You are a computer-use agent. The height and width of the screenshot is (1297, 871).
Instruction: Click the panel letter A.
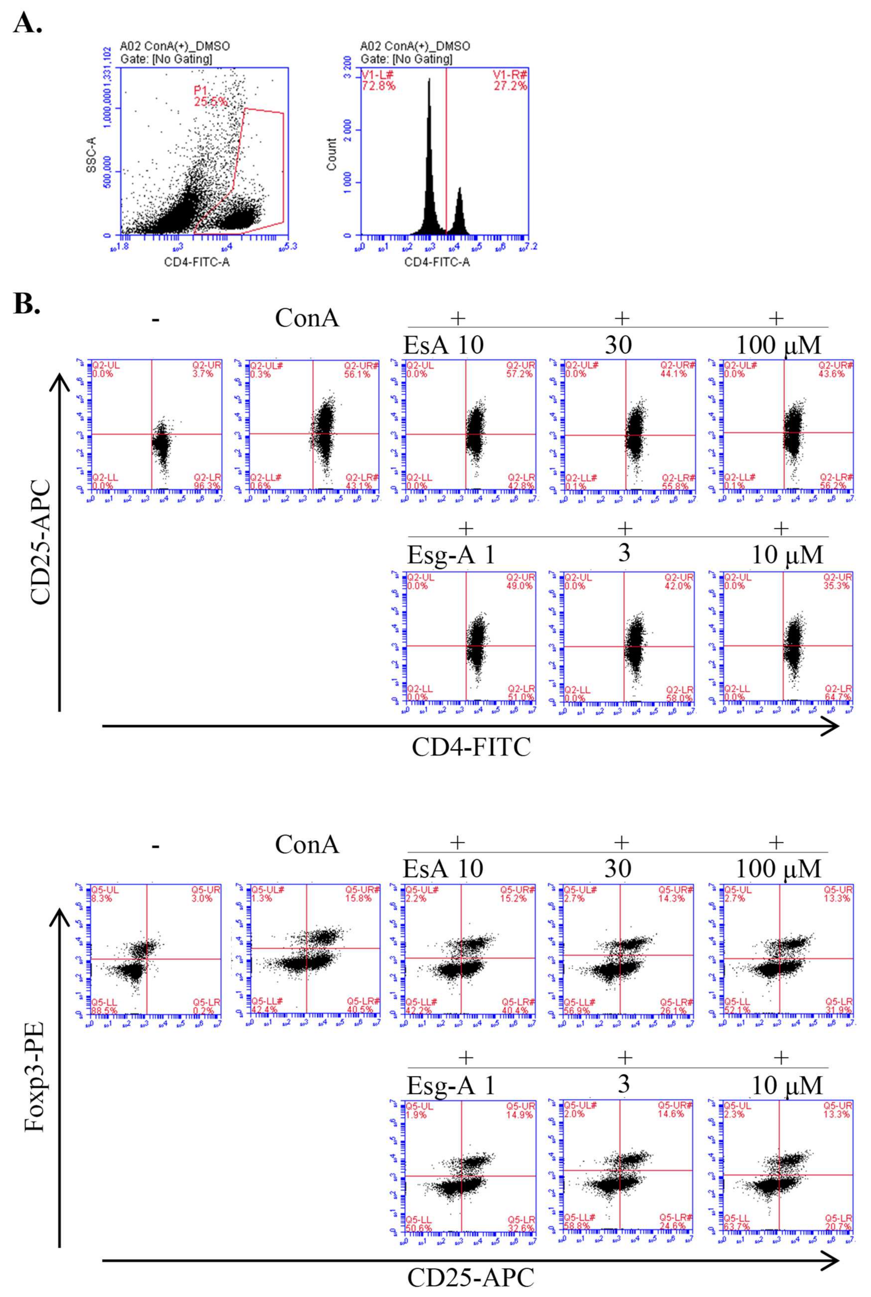tap(27, 23)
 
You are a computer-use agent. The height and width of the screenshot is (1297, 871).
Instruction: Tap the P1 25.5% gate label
tap(210, 96)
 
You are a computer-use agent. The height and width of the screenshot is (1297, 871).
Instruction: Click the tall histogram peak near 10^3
tap(429, 155)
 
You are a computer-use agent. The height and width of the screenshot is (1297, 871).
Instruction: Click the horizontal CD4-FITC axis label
tap(471, 747)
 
